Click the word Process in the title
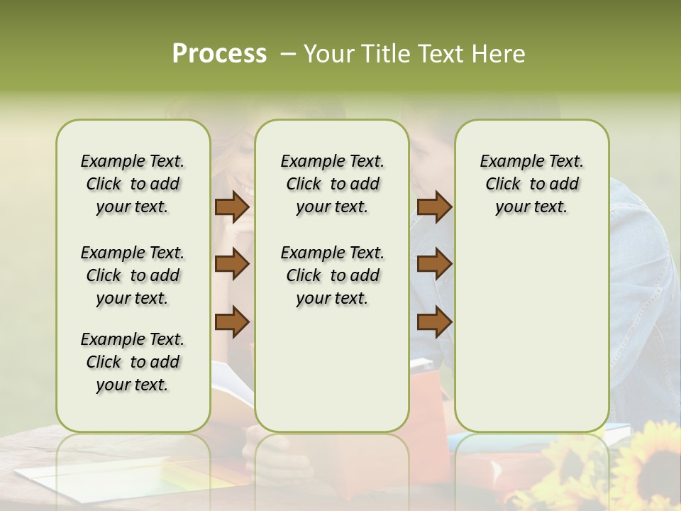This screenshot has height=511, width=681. pos(219,54)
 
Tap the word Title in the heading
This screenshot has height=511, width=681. pos(384,54)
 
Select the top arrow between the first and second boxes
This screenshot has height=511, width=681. pos(232,207)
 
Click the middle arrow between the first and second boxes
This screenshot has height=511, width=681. pos(232,264)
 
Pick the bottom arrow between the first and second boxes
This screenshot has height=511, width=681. pos(232,322)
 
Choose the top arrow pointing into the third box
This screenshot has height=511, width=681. pos(434,207)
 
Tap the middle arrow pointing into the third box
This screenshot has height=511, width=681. pos(434,264)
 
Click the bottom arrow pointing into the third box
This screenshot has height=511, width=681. pos(434,322)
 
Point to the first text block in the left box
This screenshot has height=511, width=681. pos(133,184)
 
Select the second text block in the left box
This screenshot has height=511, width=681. pos(133,275)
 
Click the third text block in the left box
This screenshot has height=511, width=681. pos(133,362)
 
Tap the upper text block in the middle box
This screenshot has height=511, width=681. pos(332,184)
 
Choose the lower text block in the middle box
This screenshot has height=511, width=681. pos(332,275)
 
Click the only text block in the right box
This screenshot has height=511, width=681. pos(531,184)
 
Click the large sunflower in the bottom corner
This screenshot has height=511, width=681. pos(649,461)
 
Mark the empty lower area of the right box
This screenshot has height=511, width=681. pos(531,326)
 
